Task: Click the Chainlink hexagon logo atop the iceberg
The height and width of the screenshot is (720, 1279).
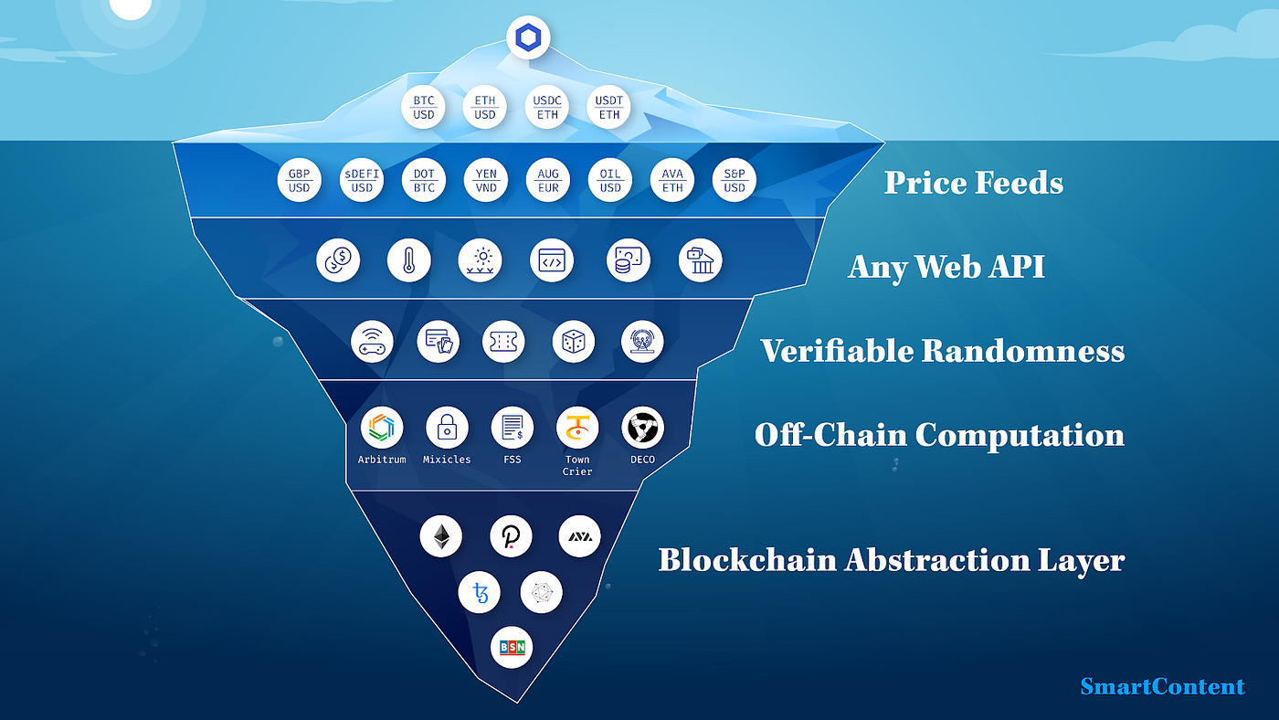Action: [528, 37]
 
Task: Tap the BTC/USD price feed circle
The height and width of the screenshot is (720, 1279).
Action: [423, 107]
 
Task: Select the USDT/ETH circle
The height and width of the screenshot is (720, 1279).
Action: [609, 107]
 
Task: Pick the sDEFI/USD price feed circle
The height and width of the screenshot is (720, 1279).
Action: [362, 180]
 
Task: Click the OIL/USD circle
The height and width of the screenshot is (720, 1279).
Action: [610, 180]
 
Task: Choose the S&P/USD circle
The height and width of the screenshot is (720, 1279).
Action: [735, 180]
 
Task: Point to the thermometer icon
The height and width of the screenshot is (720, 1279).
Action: [408, 261]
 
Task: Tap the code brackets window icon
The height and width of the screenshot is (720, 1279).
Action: [551, 261]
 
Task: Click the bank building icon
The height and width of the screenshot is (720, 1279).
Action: [701, 261]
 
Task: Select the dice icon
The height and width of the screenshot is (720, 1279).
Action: [574, 342]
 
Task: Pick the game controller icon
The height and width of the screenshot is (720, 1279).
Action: [373, 342]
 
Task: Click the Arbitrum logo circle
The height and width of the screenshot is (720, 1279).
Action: [382, 427]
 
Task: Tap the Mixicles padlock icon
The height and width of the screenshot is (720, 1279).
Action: [447, 427]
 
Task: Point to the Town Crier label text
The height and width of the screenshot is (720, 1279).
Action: [577, 465]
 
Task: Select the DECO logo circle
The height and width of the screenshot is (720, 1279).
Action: [642, 427]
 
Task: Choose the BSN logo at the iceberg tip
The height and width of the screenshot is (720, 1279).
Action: [512, 647]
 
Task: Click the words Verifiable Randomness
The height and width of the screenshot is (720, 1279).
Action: [942, 351]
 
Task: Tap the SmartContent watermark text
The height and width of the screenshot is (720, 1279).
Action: [1162, 686]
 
